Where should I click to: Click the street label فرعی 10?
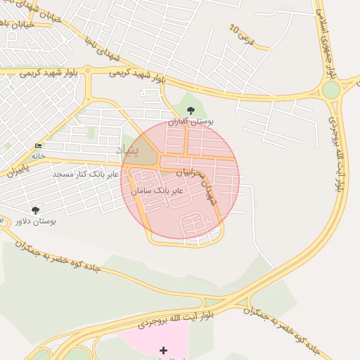[241, 32]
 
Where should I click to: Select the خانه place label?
[38, 155]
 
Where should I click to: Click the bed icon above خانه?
[38, 146]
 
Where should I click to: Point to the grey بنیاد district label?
[129, 150]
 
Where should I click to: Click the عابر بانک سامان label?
[156, 191]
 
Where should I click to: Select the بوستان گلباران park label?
[191, 121]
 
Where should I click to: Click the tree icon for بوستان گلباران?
[191, 110]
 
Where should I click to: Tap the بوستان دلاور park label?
[35, 221]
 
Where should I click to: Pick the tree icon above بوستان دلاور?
[35, 210]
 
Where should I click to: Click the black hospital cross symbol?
[164, 349]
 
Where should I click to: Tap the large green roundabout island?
[331, 90]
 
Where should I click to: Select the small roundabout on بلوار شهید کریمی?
[88, 70]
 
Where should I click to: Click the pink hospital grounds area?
[151, 341]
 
